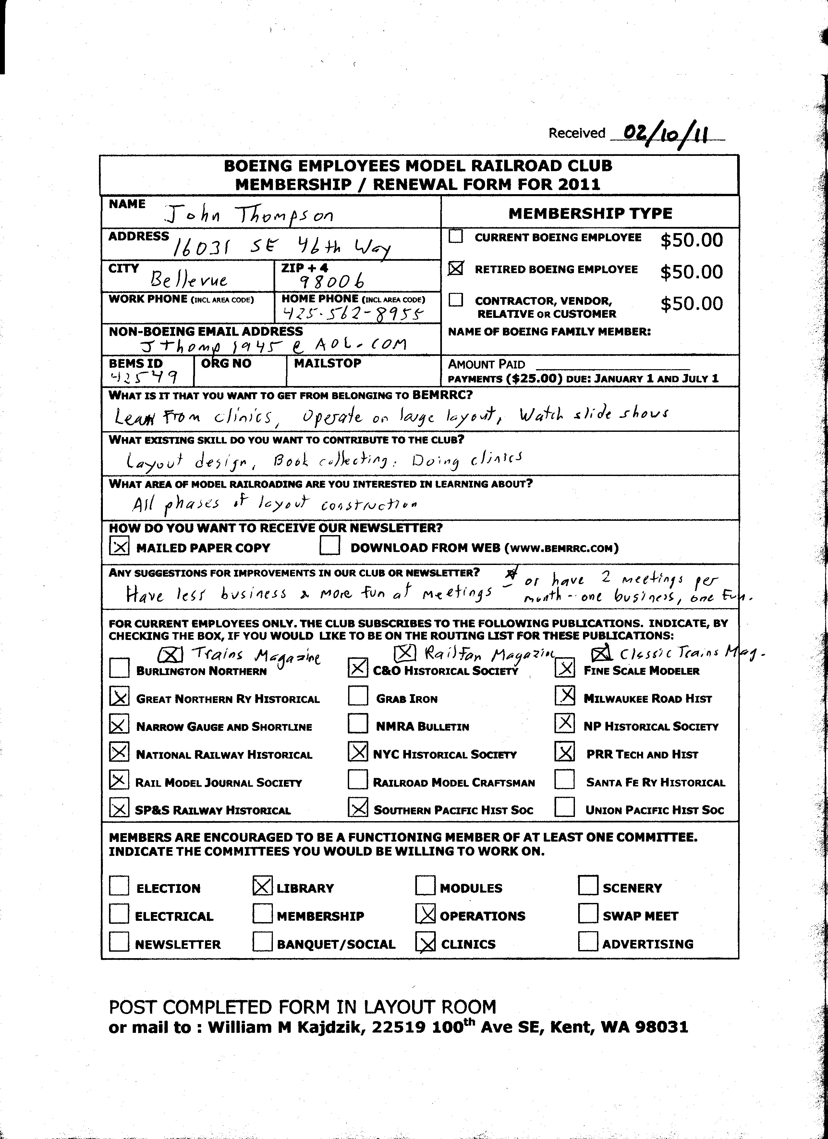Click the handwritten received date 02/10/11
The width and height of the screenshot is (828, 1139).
pos(666,135)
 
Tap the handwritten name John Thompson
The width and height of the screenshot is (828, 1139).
pos(250,216)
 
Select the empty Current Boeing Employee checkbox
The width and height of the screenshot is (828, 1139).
pos(456,237)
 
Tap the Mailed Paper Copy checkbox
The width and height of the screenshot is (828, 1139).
pos(119,546)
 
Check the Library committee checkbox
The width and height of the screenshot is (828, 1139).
pos(262,886)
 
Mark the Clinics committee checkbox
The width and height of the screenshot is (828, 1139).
pos(426,943)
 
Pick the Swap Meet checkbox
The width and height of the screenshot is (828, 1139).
pos(588,914)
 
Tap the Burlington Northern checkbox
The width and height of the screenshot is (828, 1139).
pos(119,669)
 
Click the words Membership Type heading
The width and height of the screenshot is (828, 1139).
pos(590,213)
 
